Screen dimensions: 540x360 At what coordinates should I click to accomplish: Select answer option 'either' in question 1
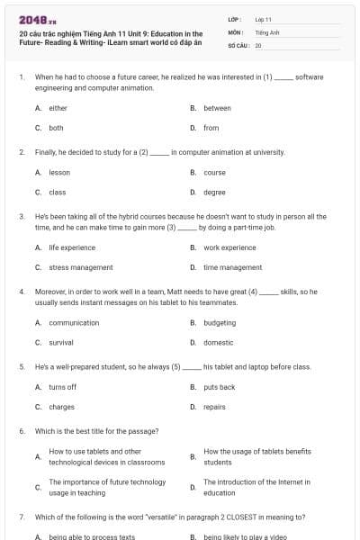click(58, 108)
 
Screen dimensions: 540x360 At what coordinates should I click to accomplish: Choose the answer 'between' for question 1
click(217, 108)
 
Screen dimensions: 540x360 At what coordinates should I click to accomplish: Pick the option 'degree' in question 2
click(214, 192)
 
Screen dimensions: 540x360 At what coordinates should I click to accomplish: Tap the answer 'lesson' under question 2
click(59, 172)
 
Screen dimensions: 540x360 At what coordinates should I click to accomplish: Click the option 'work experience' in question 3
click(229, 247)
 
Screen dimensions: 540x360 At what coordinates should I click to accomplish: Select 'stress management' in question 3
click(80, 267)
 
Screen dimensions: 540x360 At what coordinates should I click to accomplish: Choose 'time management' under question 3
click(232, 267)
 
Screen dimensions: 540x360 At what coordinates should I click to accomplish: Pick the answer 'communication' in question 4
click(74, 322)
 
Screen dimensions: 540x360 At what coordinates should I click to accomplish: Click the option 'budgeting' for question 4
click(220, 322)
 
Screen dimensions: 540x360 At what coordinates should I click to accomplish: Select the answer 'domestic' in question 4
click(218, 342)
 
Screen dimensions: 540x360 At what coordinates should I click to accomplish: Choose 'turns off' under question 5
click(62, 387)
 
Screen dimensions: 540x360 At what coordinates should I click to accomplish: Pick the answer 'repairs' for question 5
click(214, 407)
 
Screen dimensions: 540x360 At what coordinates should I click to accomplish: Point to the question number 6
click(21, 431)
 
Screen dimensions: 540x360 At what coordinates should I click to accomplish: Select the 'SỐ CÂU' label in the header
click(238, 44)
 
